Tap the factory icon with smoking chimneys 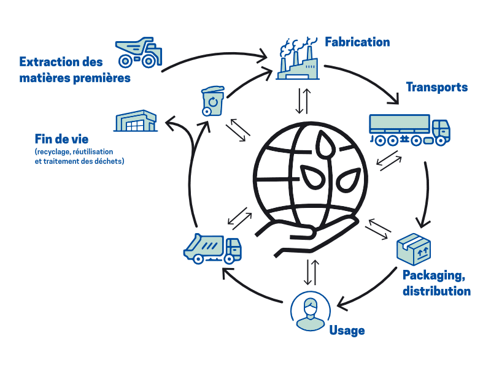point(298,59)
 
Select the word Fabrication point(357,42)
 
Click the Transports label point(436,87)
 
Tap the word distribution point(436,291)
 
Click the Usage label point(347,331)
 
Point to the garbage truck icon point(212,248)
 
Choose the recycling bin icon point(213,101)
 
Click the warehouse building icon point(136,121)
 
